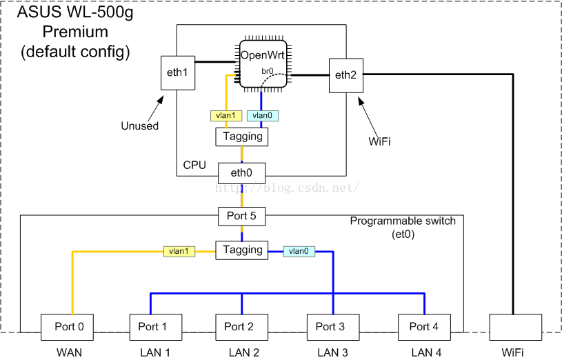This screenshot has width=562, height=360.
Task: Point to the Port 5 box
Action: (241, 216)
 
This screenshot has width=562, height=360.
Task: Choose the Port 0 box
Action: (68, 326)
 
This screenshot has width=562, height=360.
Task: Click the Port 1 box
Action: (156, 326)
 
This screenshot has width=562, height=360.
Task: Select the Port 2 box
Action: (241, 326)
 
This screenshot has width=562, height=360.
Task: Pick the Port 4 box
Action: (424, 326)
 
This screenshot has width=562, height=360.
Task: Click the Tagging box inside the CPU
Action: (242, 137)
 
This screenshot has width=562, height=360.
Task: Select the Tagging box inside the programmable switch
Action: (241, 250)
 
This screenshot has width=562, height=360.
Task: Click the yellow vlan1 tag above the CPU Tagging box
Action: (225, 116)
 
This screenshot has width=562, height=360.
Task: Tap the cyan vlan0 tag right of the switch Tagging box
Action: (299, 252)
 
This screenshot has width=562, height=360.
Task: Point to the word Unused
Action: (140, 126)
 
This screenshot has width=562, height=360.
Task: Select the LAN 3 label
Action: (333, 352)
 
